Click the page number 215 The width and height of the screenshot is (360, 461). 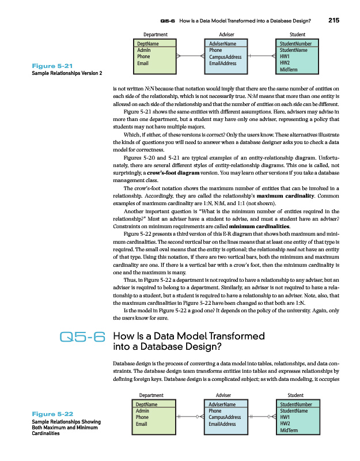pyautogui.click(x=334, y=21)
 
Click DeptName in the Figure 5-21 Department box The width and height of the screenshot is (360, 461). pyautogui.click(x=148, y=44)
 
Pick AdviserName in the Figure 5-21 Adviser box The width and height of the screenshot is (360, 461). pyautogui.click(x=222, y=44)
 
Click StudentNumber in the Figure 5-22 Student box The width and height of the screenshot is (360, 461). pyautogui.click(x=295, y=405)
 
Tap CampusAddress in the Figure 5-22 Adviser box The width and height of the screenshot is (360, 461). pyautogui.click(x=225, y=417)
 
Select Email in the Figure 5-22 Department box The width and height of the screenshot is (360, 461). pyautogui.click(x=142, y=424)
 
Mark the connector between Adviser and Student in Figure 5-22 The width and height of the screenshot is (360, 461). pyautogui.click(x=262, y=417)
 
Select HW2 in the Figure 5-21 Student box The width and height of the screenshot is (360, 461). pyautogui.click(x=285, y=63)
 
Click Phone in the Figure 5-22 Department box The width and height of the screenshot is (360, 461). pyautogui.click(x=143, y=417)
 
